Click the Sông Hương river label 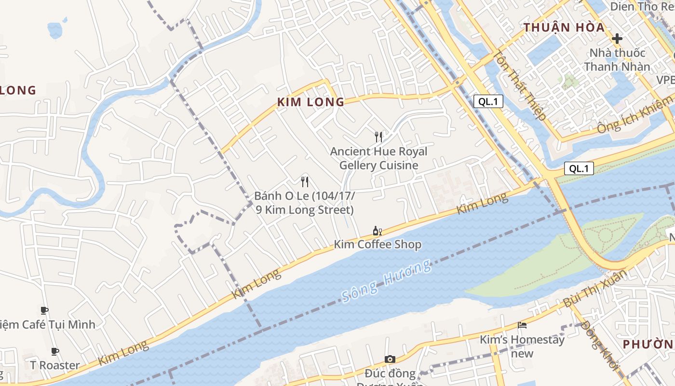(x=386, y=281)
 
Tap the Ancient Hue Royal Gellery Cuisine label (x=378, y=158)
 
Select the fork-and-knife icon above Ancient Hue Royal (x=378, y=137)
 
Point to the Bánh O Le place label (x=305, y=203)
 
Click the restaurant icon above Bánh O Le (x=305, y=182)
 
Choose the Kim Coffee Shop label (x=378, y=245)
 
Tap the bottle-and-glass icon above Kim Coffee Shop (x=378, y=231)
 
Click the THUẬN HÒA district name (x=564, y=28)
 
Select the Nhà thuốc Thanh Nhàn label (x=617, y=59)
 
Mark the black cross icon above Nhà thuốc (x=617, y=39)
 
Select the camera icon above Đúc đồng (x=390, y=359)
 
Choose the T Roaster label (x=55, y=365)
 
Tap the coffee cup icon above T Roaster (x=55, y=351)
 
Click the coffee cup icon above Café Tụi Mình (x=44, y=310)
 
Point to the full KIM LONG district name (x=311, y=102)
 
